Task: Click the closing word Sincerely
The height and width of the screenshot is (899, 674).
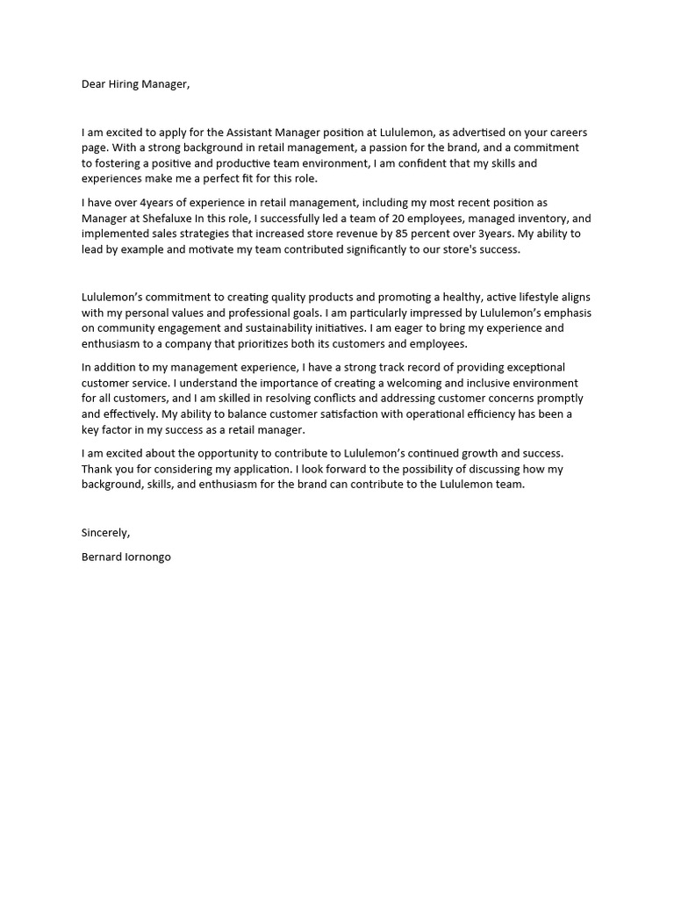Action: point(105,532)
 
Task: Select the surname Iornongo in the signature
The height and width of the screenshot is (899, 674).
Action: point(147,557)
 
